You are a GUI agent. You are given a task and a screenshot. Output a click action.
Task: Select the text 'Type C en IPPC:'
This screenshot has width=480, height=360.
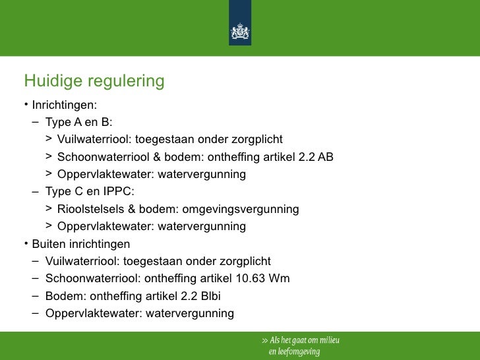[89, 192]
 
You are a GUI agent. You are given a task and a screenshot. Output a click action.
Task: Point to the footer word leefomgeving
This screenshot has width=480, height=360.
[298, 351]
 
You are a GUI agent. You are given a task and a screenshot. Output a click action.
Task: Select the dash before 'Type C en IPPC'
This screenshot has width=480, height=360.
[34, 192]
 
